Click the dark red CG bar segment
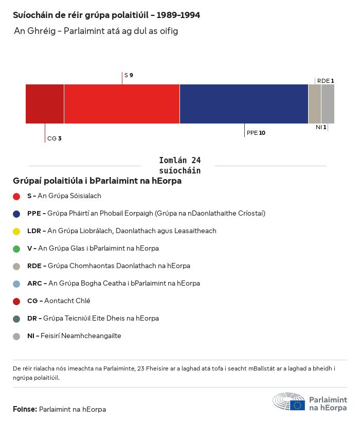[45, 104]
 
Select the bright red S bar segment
[121, 104]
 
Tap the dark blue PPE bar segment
[244, 104]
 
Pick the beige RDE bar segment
[314, 104]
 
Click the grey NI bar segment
[328, 104]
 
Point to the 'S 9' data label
[129, 76]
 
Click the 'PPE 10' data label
[256, 133]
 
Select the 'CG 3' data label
[54, 138]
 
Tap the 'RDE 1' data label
[326, 81]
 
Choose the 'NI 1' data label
[321, 127]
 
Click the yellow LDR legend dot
[16, 231]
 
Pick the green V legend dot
[16, 249]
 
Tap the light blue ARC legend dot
[16, 284]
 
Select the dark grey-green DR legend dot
[16, 319]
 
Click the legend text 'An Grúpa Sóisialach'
[69, 196]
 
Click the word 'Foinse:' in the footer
[25, 410]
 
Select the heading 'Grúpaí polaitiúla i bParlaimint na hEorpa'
[97, 181]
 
